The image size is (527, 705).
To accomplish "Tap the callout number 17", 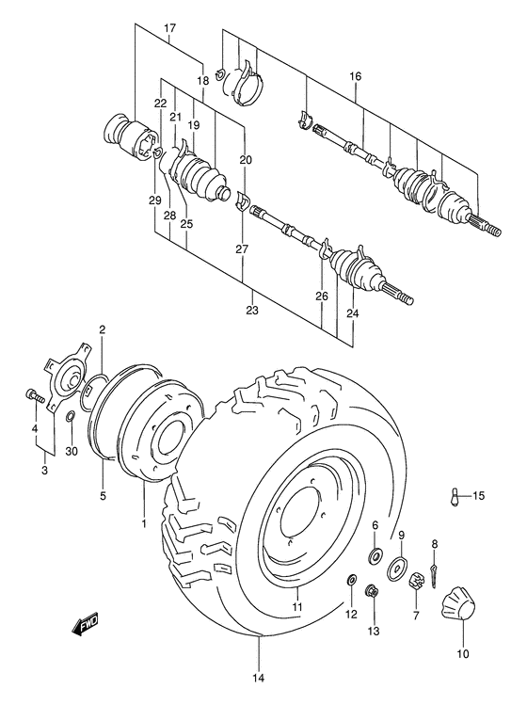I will (x=169, y=28).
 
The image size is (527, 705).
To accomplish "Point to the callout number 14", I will (x=258, y=677).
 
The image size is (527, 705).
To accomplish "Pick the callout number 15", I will (x=478, y=496).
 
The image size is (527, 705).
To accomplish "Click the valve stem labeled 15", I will (x=455, y=495).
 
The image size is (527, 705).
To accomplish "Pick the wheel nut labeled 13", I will (x=372, y=592).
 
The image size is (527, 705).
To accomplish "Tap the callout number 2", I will (x=101, y=329).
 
